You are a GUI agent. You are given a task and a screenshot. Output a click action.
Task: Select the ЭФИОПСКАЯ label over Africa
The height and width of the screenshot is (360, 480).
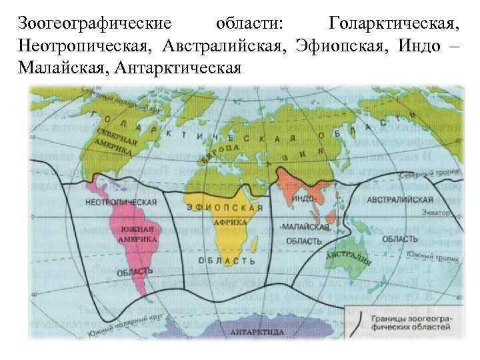point(225,207)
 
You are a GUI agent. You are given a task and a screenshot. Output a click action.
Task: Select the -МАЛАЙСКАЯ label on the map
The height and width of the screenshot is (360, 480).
point(305,227)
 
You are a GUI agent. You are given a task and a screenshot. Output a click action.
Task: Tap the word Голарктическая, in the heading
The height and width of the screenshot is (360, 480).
point(394,25)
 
